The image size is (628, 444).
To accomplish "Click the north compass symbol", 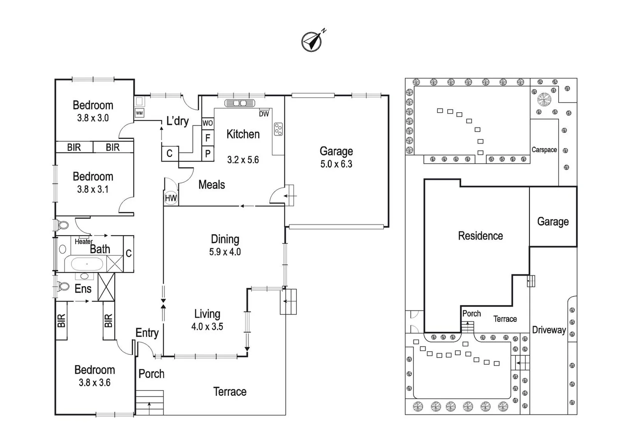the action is coord(312,41).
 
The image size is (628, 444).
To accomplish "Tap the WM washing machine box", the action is coord(139,113).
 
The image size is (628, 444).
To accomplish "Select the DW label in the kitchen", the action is coord(264,114).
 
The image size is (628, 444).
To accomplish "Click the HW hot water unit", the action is coord(171,198).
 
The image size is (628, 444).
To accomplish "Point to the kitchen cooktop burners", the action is coord(278,129).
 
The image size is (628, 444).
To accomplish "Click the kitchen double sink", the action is coord(240,103).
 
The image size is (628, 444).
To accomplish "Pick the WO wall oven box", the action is coord(208,123).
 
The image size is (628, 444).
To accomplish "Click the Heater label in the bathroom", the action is coord(83,242).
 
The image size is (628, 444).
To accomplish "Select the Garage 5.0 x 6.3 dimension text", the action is coord(336,164).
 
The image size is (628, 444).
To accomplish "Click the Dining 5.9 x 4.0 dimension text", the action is coord(225,252).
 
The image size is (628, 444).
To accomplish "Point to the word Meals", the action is coord(211,185).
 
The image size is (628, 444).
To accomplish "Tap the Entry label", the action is coord(147,333).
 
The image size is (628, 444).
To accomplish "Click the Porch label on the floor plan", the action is coord(151,374).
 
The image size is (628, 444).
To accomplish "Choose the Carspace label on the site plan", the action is coord(544,150).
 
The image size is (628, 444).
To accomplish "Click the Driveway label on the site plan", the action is coord(549,330).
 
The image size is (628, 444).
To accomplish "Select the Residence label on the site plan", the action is coord(480,236).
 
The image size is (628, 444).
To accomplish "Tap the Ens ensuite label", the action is coord(83,289).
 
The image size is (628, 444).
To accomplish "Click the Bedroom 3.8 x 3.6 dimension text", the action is coord(95,383).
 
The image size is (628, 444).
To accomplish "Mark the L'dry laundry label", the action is coord(177,121).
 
